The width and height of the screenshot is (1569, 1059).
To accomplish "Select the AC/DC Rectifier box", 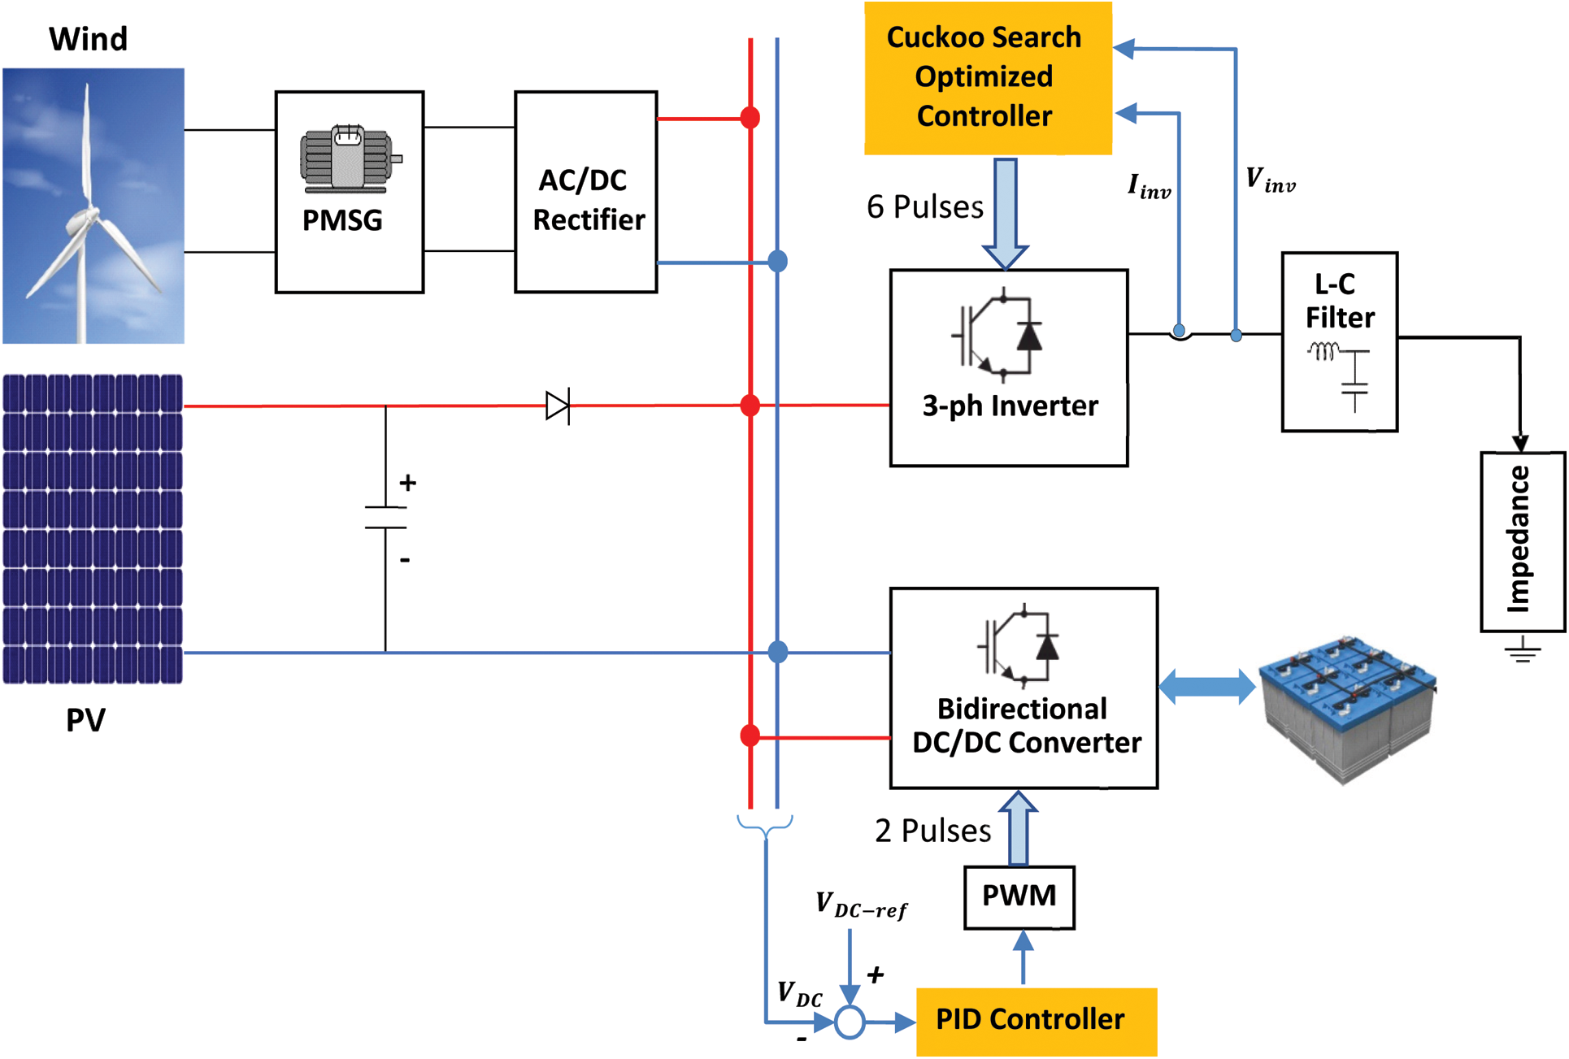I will pos(585,192).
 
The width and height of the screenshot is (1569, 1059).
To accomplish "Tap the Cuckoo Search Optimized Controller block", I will pos(987,77).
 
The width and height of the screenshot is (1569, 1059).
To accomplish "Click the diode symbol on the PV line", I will pos(558,406).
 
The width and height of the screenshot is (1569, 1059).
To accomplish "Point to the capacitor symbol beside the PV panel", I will pos(385,518).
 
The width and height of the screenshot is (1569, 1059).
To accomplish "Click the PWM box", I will pos(1019,896).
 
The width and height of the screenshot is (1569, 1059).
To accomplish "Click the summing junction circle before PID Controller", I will pos(850,1022).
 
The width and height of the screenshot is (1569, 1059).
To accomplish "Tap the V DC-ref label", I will pos(861,905).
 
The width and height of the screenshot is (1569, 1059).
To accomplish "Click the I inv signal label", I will pos(1149,186).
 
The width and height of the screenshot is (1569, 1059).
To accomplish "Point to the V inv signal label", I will pos(1270,180).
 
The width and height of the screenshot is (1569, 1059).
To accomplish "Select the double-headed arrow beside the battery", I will pos(1206,687).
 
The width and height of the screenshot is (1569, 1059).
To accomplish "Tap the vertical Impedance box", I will pos(1521,541).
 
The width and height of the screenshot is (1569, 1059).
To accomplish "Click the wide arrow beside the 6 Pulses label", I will pos(1006,213).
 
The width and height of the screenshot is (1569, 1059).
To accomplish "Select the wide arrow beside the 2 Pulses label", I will pos(1018,829).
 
